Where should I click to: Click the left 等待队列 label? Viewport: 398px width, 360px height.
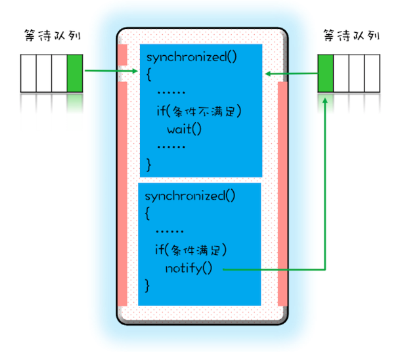[51, 35]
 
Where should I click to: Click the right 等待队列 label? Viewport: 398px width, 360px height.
[351, 35]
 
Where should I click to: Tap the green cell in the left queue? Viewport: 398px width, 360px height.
[75, 73]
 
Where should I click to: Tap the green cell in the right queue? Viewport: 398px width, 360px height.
[325, 73]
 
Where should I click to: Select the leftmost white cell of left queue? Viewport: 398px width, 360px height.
[28, 73]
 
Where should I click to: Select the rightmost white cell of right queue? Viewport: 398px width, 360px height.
[372, 73]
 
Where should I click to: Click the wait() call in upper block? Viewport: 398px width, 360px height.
[184, 128]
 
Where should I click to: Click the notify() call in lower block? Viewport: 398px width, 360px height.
[189, 268]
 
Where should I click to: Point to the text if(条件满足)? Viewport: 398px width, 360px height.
[190, 250]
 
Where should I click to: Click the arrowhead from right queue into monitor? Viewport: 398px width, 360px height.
[269, 74]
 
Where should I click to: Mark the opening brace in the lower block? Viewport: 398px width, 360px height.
[148, 214]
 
